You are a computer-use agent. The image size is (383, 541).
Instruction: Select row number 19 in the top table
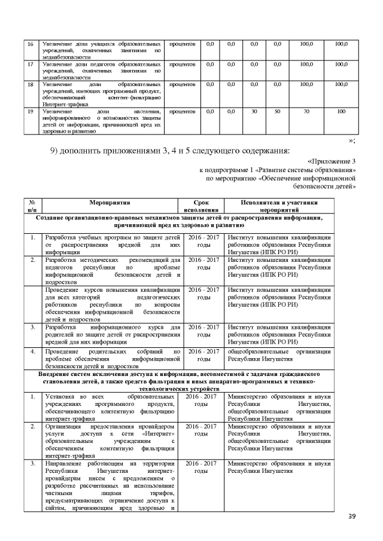[31, 112]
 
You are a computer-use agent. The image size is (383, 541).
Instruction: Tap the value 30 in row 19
[254, 112]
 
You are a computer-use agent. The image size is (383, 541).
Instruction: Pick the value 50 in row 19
[277, 112]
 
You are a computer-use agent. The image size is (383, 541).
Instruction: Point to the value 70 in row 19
[306, 112]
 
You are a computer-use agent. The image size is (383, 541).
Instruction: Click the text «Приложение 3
[331, 161]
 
